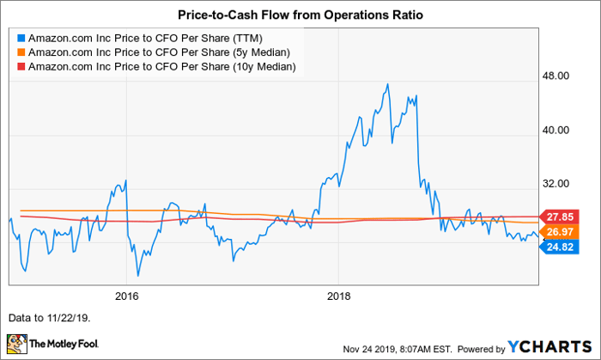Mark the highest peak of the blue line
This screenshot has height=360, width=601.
(389, 84)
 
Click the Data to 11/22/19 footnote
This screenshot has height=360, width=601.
(48, 317)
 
